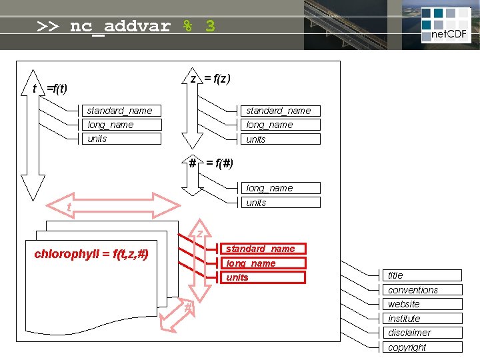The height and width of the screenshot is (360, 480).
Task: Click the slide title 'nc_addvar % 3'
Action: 126,27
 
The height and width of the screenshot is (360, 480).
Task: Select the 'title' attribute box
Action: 424,275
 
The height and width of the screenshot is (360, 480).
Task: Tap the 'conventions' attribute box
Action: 424,290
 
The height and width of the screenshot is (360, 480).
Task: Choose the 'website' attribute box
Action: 424,304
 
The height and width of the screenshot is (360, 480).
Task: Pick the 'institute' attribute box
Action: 424,319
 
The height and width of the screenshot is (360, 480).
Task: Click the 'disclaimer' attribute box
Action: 424,333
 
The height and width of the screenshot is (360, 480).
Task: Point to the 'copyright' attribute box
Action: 424,347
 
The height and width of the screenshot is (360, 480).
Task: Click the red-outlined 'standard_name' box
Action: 263,249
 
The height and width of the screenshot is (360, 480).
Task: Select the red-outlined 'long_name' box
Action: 263,263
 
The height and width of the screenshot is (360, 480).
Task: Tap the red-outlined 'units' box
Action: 263,277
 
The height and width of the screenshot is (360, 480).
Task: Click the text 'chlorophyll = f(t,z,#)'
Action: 91,254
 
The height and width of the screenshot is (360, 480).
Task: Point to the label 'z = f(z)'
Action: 211,79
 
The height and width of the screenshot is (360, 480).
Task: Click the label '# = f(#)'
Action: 211,163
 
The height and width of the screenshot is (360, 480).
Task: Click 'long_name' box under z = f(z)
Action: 280,125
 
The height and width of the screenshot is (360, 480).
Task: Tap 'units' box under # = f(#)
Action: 280,203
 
